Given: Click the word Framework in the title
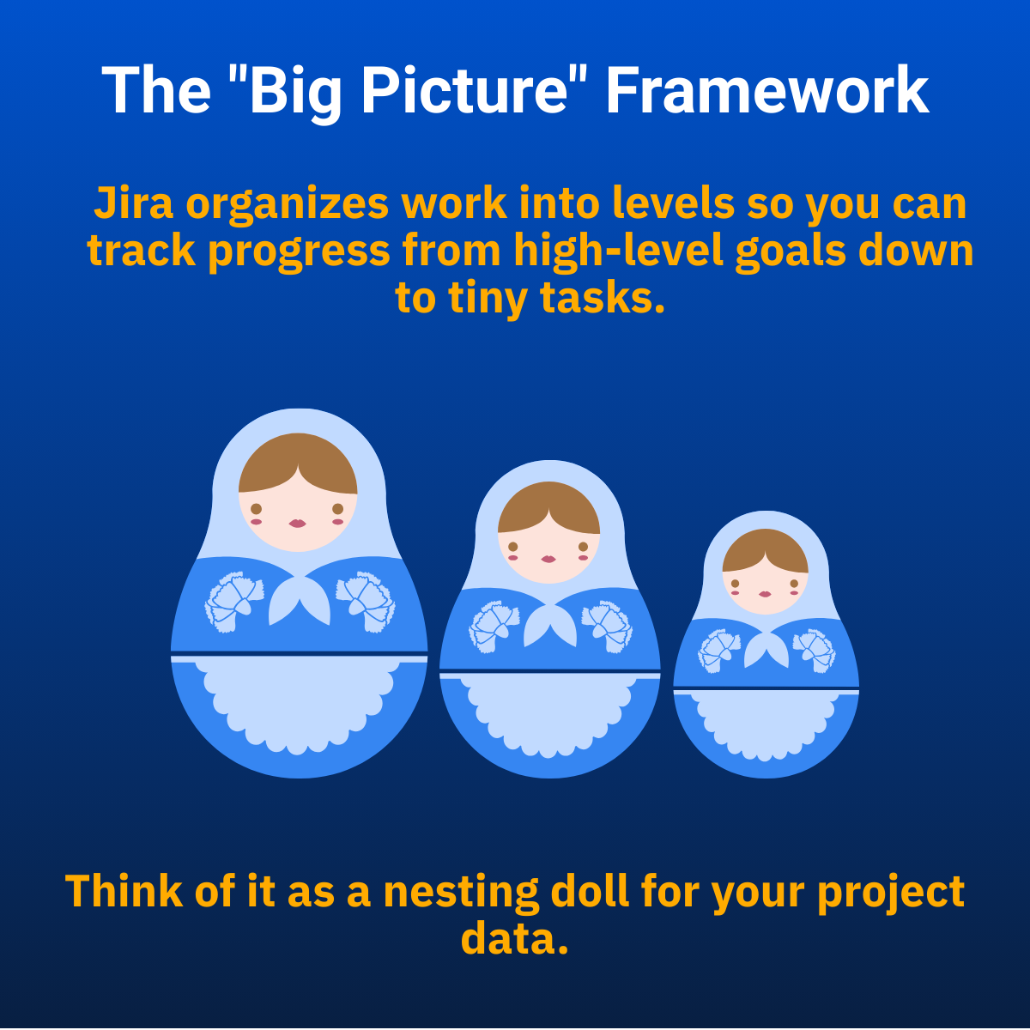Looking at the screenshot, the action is coord(767,90).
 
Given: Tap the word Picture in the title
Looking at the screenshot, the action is coord(463,90).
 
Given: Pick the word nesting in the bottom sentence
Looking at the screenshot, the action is coord(461,892).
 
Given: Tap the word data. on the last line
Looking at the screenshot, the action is coord(514,939).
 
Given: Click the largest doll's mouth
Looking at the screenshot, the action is coord(297,524).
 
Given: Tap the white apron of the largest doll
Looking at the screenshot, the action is coord(299,705).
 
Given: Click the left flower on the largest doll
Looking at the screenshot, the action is coord(234,602).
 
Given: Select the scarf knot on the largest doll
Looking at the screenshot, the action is coord(299,598).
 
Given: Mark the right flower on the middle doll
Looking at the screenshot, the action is coord(607,626).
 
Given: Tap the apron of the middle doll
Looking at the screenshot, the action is coord(549,715).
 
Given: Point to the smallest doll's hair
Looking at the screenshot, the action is coord(766,549).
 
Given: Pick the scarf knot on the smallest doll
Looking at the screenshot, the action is coord(766,649).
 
